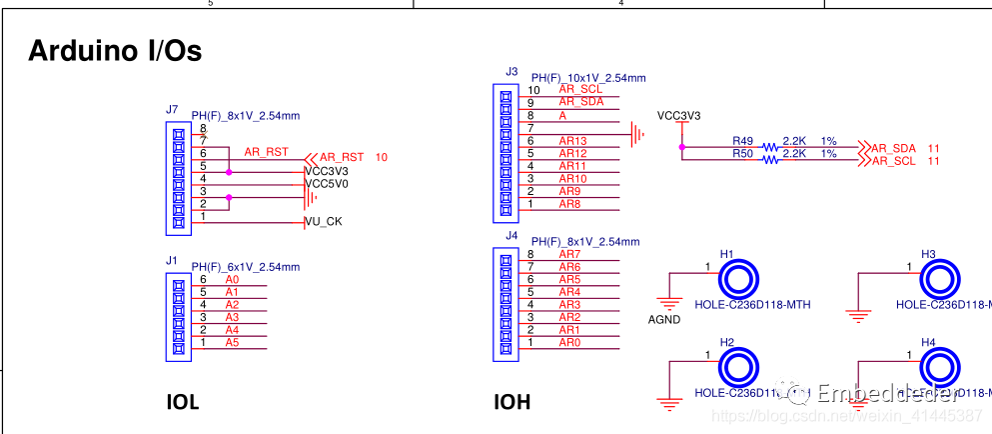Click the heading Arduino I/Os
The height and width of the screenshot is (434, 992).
115,51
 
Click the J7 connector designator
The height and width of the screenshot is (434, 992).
172,109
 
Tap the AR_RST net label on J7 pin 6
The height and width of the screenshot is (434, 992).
266,152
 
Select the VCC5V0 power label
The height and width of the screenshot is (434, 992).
327,184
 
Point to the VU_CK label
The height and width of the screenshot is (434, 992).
323,221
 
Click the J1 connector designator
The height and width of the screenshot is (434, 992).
172,260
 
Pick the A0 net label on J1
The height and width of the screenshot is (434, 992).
232,279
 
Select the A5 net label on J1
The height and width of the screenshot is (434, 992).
232,342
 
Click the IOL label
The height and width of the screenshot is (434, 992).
183,403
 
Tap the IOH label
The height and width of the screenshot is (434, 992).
511,403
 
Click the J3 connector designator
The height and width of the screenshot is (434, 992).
511,71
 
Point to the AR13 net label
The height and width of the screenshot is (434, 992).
572,141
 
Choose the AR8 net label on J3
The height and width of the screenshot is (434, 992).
569,204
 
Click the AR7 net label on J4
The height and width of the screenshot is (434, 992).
569,254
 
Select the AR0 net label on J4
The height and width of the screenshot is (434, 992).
569,343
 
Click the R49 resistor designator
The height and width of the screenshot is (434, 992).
742,141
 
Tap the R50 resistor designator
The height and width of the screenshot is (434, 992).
742,154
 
